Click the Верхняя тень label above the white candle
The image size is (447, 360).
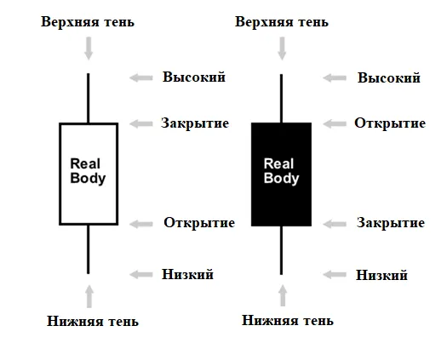(x=88, y=22)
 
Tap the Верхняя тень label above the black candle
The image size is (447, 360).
(x=282, y=22)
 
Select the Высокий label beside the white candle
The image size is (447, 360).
(x=194, y=77)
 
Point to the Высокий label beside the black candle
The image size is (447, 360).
(x=389, y=78)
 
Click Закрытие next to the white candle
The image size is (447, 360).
(x=195, y=123)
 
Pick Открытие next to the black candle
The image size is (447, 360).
(x=390, y=123)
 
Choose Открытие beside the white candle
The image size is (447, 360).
(x=199, y=223)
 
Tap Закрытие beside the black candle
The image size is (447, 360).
(x=391, y=223)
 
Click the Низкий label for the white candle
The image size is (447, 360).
(x=188, y=275)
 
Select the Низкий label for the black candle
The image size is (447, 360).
(x=382, y=276)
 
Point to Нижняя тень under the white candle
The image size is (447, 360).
(x=93, y=321)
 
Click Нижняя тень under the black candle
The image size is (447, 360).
(x=288, y=320)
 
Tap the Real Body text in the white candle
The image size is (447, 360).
(x=88, y=171)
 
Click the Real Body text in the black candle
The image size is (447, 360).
(x=281, y=171)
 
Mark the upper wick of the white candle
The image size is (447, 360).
(x=88, y=99)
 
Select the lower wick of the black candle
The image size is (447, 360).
(x=281, y=250)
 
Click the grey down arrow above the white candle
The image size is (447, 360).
(x=89, y=49)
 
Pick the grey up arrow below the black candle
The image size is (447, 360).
(x=283, y=295)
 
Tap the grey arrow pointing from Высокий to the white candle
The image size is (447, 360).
(x=141, y=77)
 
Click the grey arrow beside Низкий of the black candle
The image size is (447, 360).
(x=335, y=275)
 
